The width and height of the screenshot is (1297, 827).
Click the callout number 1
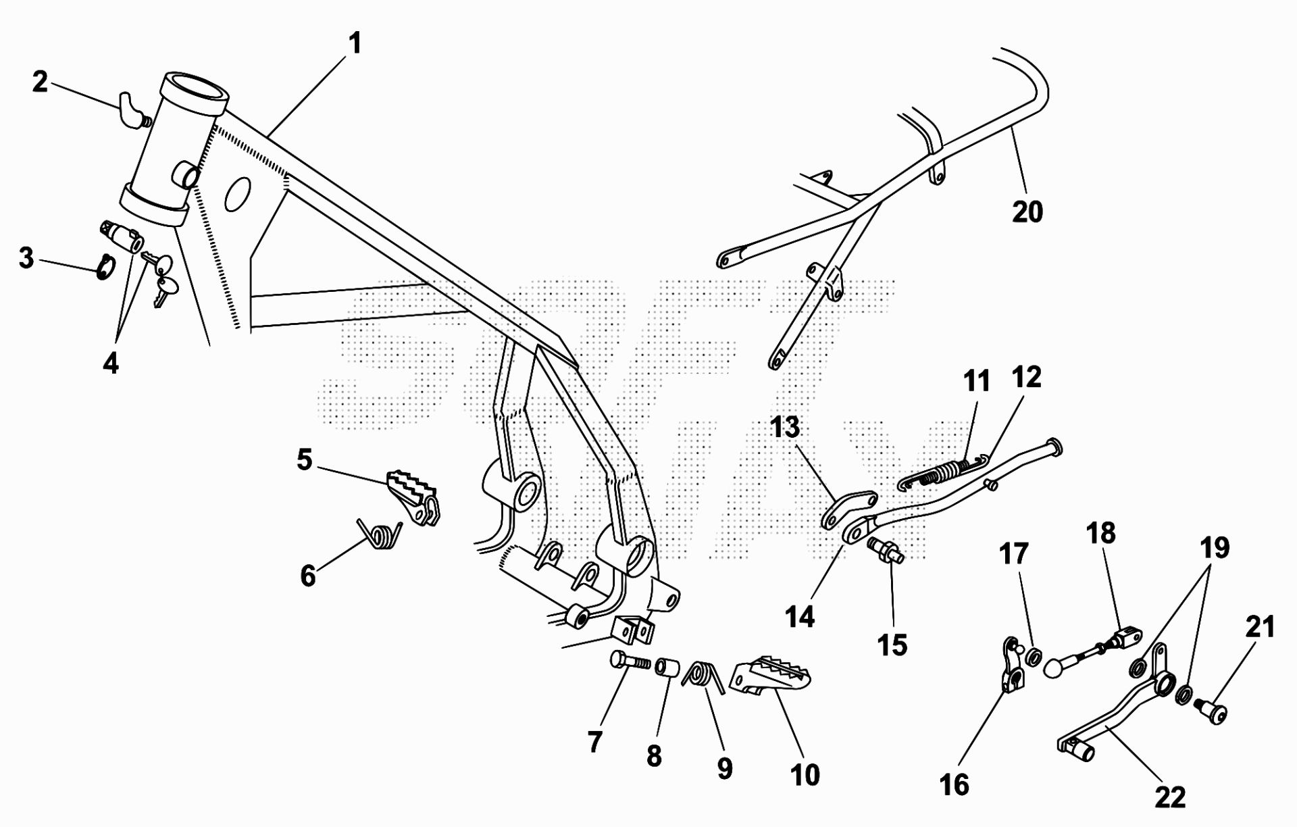pos(355,44)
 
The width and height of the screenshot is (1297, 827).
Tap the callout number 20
pos(1027,211)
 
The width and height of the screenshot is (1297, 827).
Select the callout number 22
pos(1170,797)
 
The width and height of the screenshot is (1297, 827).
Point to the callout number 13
pos(784,427)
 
